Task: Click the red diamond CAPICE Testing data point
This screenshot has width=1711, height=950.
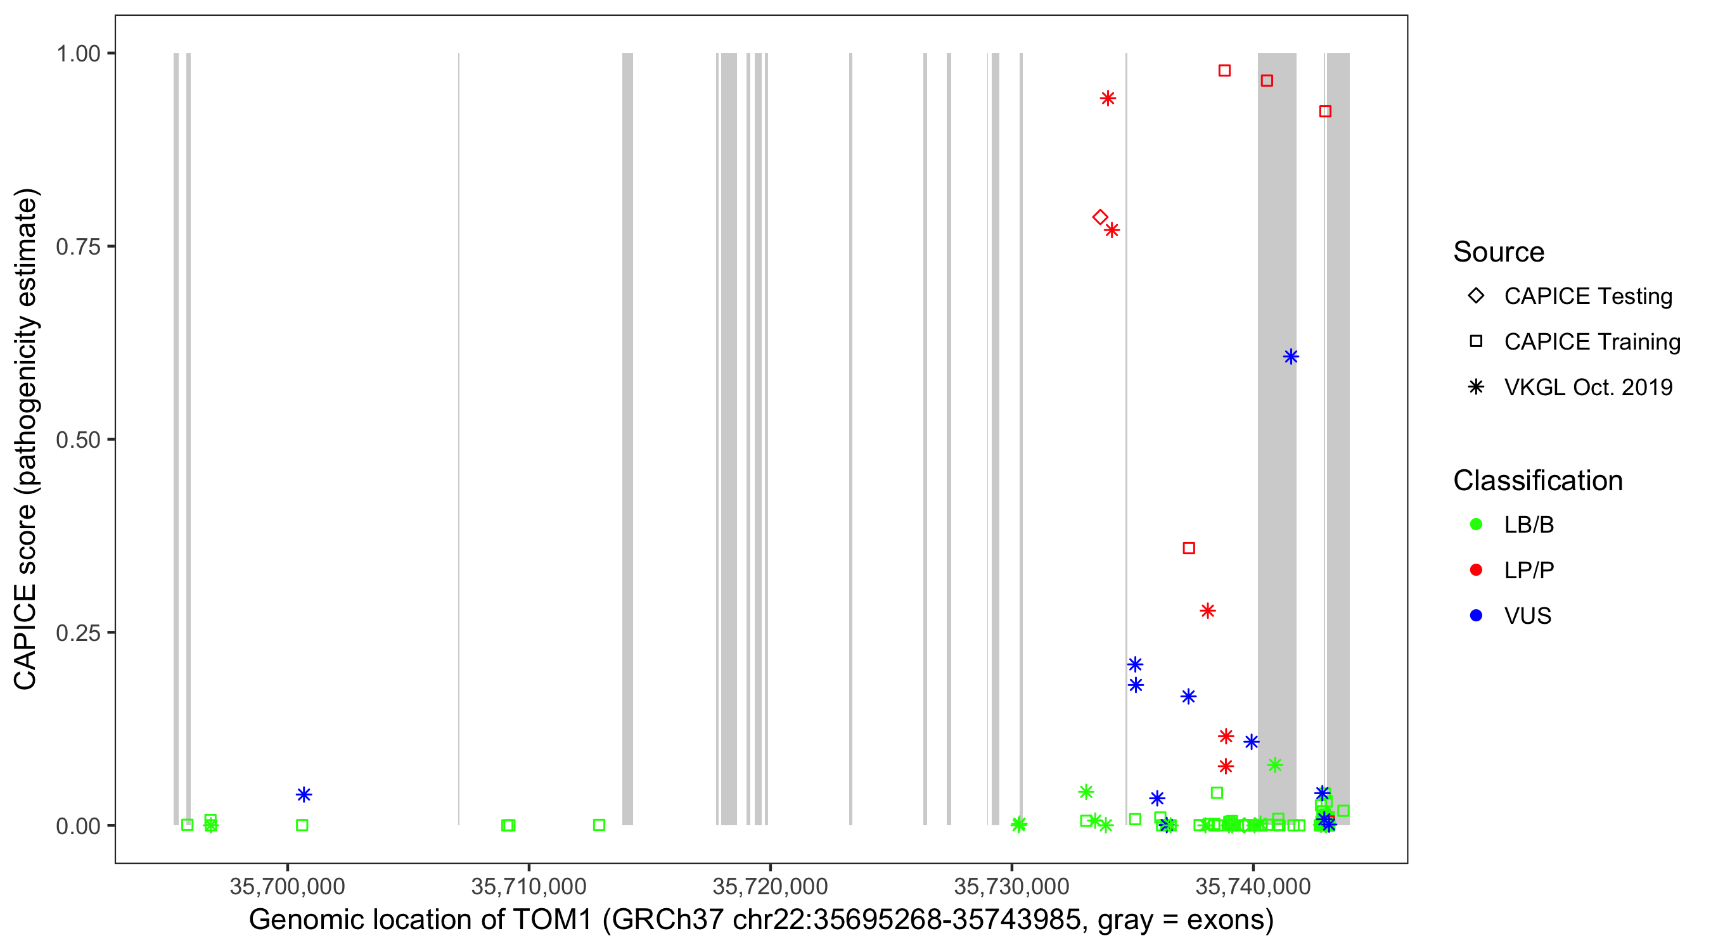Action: coord(1100,217)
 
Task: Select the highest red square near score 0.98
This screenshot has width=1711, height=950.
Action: coord(1224,70)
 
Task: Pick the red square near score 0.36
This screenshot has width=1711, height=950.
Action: coord(1189,548)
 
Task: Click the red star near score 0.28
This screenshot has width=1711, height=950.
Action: coord(1208,611)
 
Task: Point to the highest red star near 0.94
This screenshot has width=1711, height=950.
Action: coord(1107,98)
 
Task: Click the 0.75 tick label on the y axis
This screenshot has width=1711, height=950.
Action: coord(78,247)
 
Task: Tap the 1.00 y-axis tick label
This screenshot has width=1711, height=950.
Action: coord(78,54)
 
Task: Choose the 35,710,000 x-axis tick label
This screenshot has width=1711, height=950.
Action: coord(529,886)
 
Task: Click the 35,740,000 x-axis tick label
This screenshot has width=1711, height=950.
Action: coord(1253,886)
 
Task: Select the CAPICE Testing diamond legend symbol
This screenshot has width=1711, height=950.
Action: coord(1476,295)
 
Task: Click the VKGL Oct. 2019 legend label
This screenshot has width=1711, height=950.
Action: coord(1588,387)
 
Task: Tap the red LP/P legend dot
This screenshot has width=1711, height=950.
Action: coord(1476,570)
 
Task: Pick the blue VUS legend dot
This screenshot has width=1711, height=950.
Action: coord(1476,616)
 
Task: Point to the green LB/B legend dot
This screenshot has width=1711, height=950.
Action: coord(1476,524)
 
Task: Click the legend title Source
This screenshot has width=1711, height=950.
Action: coord(1499,252)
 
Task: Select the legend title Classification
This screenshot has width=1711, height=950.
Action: coord(1537,481)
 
